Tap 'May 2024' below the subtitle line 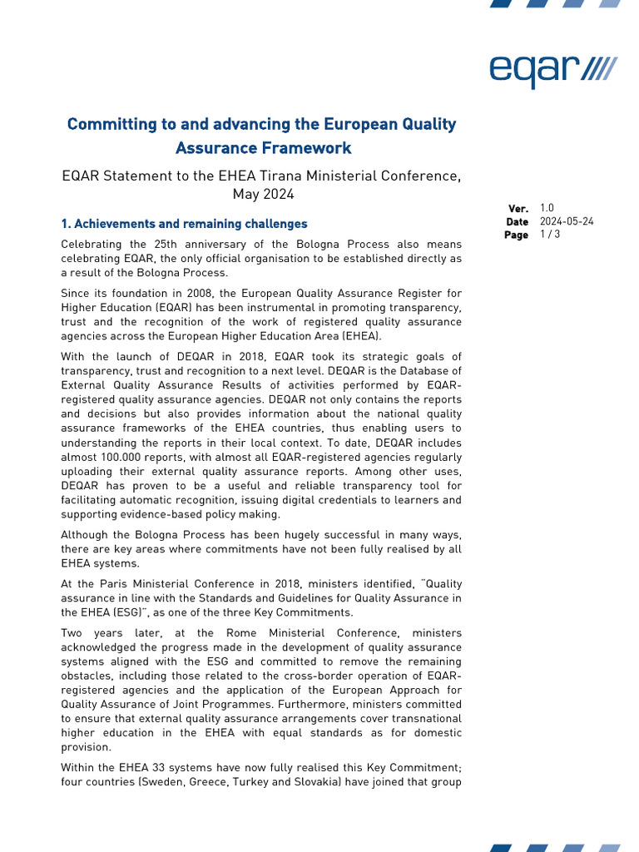(263, 195)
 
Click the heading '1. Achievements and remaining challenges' (184, 224)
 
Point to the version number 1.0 (547, 208)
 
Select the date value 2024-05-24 (567, 221)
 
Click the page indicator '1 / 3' (549, 235)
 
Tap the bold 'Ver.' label (518, 209)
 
